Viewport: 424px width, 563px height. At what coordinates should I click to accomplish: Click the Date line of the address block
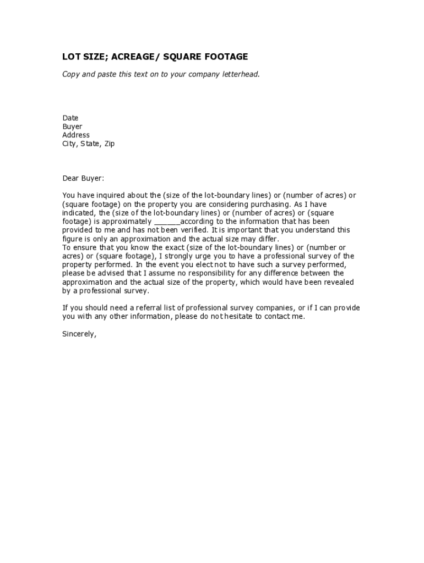(70, 118)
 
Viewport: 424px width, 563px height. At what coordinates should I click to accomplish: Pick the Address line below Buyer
(76, 135)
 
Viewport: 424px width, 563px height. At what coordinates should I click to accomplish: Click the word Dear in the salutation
(70, 178)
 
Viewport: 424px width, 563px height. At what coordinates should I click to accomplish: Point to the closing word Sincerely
(79, 333)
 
